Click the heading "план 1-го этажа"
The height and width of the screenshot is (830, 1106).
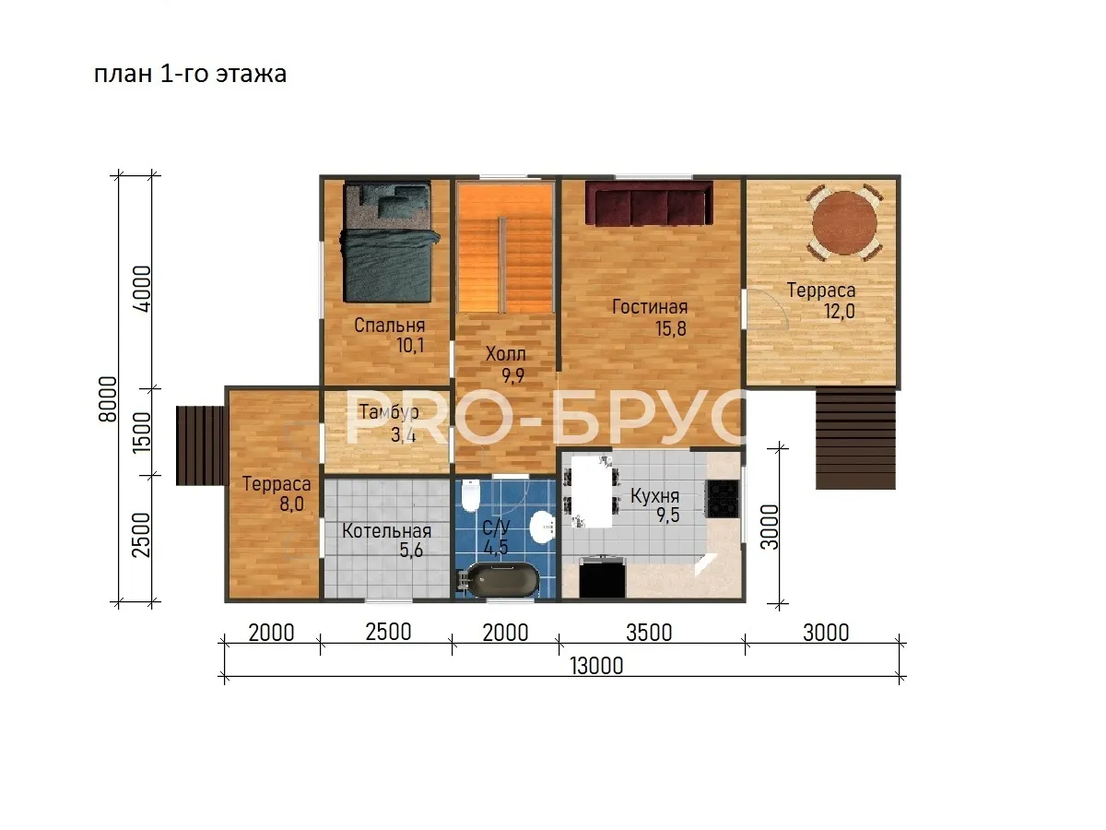point(190,74)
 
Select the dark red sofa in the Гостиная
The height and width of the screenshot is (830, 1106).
point(649,203)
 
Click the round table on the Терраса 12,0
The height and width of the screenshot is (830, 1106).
point(844,223)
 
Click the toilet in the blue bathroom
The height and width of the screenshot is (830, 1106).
point(470,495)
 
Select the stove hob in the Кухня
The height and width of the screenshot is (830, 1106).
point(724,498)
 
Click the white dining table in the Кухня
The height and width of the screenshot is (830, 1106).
point(592,492)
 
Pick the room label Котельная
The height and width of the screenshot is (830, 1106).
point(386,530)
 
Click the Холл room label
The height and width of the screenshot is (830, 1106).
point(505,354)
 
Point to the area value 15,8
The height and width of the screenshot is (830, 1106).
point(671,328)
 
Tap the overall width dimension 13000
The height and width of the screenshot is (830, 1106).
point(596,666)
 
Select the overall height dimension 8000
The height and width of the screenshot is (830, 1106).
point(108,399)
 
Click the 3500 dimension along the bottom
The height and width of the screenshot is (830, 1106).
point(649,633)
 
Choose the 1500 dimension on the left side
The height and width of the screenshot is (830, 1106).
point(142,433)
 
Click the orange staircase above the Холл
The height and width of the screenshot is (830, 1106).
point(506,248)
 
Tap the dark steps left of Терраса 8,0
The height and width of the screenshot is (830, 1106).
point(200,446)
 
